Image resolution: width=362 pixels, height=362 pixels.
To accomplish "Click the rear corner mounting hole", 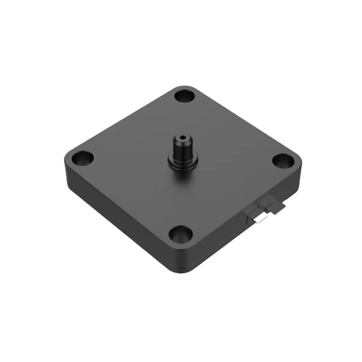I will click(x=183, y=96).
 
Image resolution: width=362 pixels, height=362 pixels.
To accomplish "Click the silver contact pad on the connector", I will click(x=261, y=219).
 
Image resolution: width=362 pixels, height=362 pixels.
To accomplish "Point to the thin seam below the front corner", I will click(x=180, y=267).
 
